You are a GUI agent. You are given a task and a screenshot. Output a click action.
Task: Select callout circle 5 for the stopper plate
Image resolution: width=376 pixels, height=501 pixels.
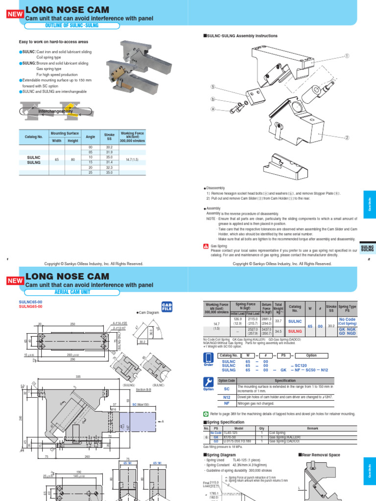(213, 88)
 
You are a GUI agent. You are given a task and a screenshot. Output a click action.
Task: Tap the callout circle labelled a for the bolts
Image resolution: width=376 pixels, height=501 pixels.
(213, 109)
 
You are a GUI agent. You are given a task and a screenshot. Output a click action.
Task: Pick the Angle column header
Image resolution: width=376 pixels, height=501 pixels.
(90, 137)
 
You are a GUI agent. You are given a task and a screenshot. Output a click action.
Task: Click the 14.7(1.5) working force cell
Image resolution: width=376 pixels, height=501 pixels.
(132, 159)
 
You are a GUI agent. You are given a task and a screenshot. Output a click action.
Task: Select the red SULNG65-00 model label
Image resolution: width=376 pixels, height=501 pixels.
(30, 307)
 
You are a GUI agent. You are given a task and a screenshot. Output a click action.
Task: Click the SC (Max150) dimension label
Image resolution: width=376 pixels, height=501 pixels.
(141, 405)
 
